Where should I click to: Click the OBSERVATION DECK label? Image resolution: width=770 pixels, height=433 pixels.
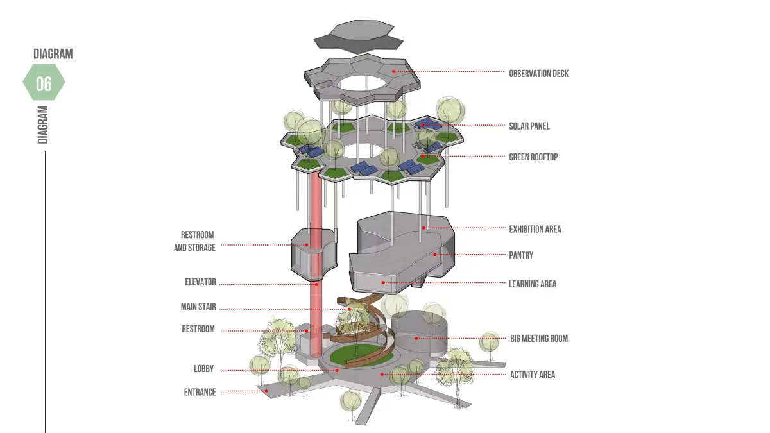(538, 74)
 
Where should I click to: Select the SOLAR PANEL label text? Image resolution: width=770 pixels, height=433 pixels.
(529, 126)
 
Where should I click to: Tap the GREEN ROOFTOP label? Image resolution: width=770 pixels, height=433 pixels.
(533, 157)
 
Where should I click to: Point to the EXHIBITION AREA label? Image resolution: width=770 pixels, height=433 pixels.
(535, 229)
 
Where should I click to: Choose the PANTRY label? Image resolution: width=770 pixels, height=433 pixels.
(520, 255)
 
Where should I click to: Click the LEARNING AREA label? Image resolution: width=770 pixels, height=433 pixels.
(533, 284)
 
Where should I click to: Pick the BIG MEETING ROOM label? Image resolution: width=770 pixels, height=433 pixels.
(539, 339)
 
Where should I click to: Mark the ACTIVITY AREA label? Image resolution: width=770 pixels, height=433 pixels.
(533, 375)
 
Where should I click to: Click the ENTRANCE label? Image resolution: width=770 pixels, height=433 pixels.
(200, 392)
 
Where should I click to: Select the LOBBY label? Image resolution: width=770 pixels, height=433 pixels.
(203, 369)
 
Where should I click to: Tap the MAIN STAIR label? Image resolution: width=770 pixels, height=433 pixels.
(198, 307)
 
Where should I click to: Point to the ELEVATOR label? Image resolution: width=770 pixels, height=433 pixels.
(200, 282)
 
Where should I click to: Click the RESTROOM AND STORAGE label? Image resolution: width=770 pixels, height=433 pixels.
(195, 241)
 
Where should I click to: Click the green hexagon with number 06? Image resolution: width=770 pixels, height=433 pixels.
(44, 83)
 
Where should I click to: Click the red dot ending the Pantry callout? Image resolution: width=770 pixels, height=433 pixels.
(434, 255)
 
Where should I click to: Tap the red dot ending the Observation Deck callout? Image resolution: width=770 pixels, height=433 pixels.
(395, 71)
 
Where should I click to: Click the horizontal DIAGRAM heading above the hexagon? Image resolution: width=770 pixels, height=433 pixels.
(53, 54)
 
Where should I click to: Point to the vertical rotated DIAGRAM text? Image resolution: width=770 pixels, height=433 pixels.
(43, 124)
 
